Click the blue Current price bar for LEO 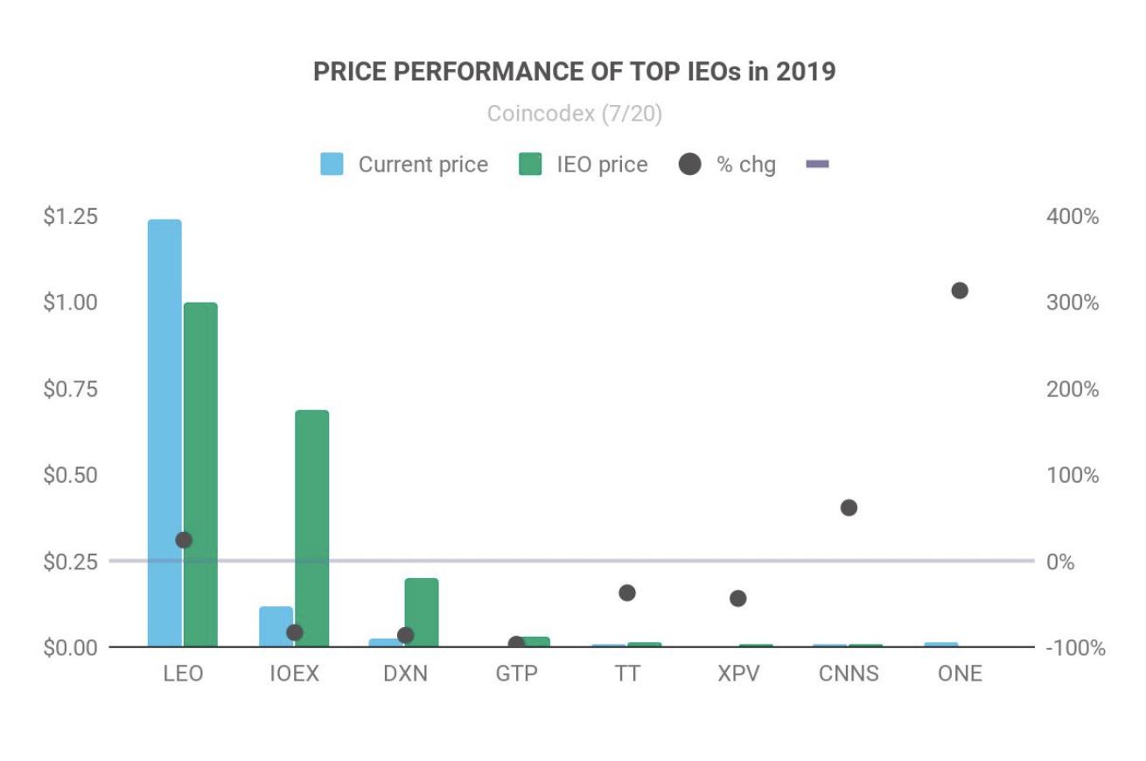[164, 433]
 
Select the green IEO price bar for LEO [200, 475]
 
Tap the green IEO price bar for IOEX [312, 528]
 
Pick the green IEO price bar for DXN [422, 612]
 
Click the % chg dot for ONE [960, 290]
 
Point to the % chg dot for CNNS [849, 508]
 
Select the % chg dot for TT [627, 593]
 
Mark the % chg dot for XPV [737, 598]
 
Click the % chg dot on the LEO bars [184, 540]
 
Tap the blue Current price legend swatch [332, 164]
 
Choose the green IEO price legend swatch [530, 164]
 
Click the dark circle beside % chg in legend [689, 164]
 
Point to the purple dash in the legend [818, 164]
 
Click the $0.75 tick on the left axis [70, 388]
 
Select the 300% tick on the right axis [1073, 303]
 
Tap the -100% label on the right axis [1075, 648]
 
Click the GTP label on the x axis [517, 674]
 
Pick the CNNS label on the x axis [849, 674]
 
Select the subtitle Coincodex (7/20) [575, 114]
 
